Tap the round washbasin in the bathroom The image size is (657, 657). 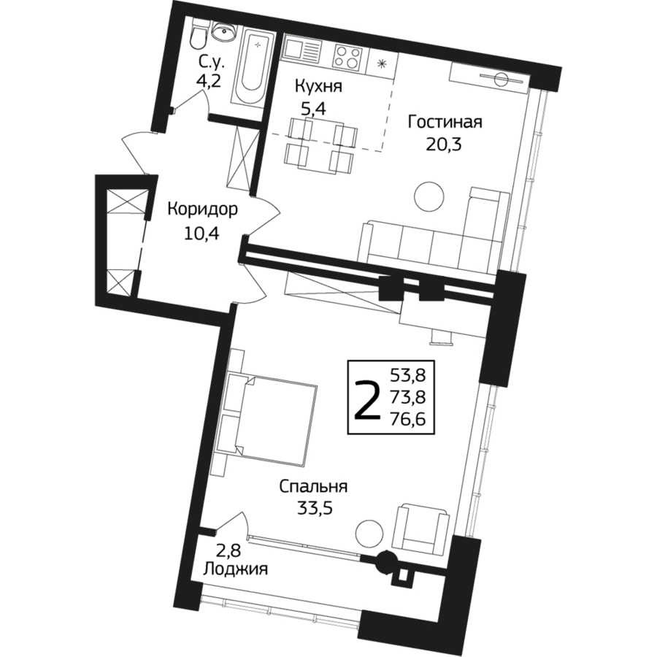[224, 31]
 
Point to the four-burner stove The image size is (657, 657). [347, 57]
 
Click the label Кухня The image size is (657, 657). [318, 87]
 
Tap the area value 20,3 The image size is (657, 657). [444, 145]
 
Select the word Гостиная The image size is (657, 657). [445, 123]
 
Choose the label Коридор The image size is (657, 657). [202, 209]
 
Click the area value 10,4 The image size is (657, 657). [201, 232]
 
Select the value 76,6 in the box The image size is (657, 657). [407, 419]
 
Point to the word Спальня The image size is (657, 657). [313, 488]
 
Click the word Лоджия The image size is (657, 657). [236, 570]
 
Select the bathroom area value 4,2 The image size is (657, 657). [209, 81]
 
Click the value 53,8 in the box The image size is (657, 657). [407, 374]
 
